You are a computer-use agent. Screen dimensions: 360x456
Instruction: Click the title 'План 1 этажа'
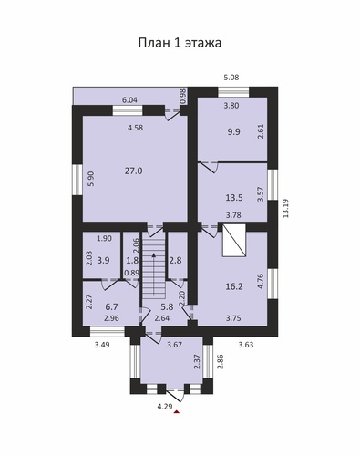pos(180,43)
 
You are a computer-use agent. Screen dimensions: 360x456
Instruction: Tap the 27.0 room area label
pos(134,171)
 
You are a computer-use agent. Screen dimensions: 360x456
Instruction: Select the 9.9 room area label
pos(233,132)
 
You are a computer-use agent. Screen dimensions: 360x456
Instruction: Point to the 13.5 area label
pos(234,198)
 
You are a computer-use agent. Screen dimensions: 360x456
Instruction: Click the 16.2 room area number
pos(234,286)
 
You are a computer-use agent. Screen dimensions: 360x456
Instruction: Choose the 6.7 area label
pos(111,307)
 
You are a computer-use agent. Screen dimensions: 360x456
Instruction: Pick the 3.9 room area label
pos(104,261)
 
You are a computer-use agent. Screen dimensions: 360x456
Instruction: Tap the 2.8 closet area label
pos(176,261)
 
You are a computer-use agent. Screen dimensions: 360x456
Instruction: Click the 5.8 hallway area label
pos(167,307)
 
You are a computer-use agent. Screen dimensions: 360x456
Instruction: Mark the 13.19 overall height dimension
pos(285,208)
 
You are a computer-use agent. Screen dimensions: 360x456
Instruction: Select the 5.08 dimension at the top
pos(231,78)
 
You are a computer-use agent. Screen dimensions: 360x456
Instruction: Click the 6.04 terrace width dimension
pos(129,100)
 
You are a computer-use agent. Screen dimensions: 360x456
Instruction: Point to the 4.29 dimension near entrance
pos(165,407)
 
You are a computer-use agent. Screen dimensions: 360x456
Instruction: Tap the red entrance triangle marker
pos(177,412)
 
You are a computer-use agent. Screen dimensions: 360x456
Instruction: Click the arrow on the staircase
pos(154,274)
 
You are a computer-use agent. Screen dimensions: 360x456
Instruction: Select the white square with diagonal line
pos(234,241)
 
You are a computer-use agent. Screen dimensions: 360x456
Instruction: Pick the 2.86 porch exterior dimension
pos(221,361)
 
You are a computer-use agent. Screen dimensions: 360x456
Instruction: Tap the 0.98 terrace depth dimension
pos(183,97)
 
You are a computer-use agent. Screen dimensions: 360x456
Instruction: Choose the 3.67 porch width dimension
pos(175,345)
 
